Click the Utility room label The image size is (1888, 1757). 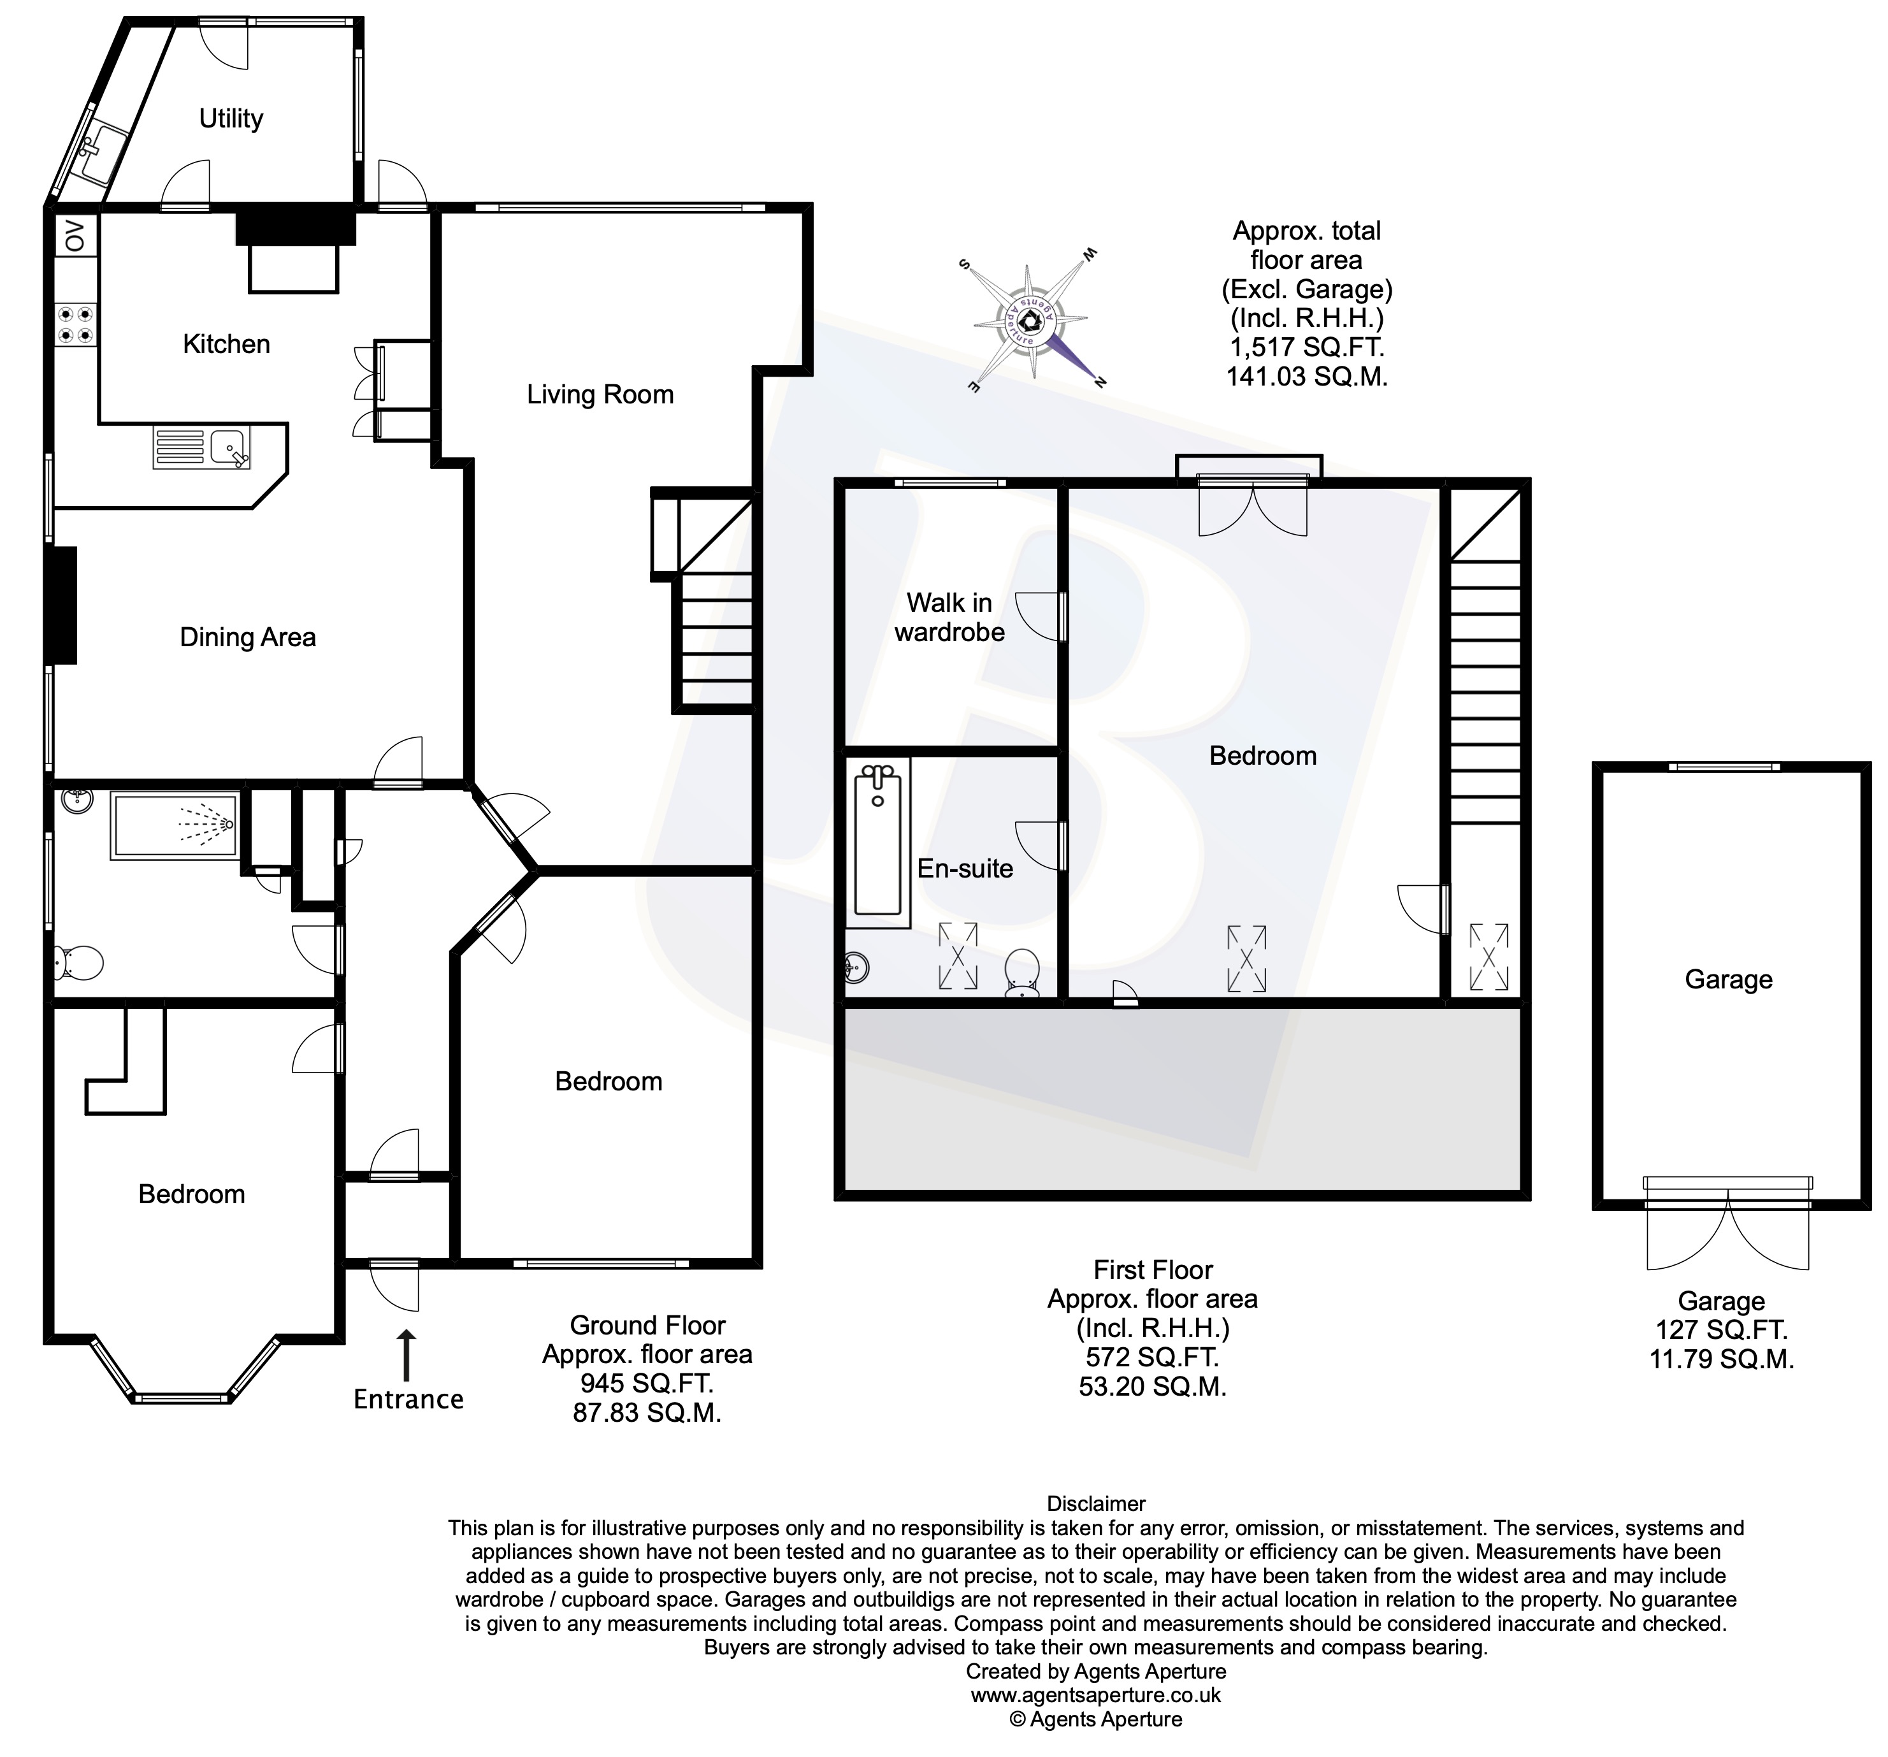[x=231, y=119]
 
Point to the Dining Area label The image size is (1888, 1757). [x=247, y=637]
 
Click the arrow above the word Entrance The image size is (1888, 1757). [x=407, y=1354]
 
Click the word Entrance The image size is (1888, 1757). [x=408, y=1399]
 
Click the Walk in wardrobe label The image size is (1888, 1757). [x=949, y=618]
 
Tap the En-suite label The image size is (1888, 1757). [x=965, y=868]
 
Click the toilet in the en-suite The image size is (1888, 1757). [x=1023, y=972]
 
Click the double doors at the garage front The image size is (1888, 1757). [x=1727, y=1225]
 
